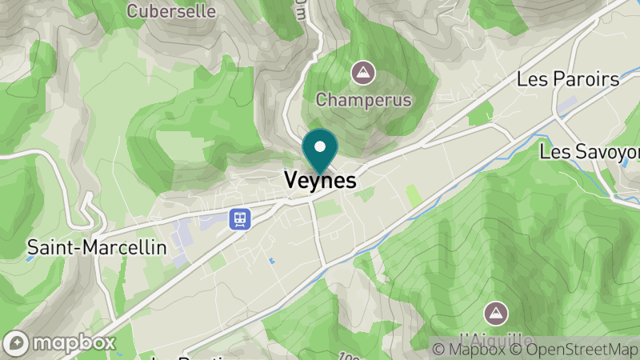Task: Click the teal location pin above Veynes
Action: (x=320, y=151)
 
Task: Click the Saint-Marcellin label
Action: (x=97, y=247)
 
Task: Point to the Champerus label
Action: (x=363, y=100)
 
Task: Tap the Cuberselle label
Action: (x=171, y=12)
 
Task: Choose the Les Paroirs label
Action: (x=568, y=79)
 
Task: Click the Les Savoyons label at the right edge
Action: (x=590, y=151)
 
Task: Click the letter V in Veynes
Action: (x=292, y=182)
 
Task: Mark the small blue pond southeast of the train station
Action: (x=272, y=261)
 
